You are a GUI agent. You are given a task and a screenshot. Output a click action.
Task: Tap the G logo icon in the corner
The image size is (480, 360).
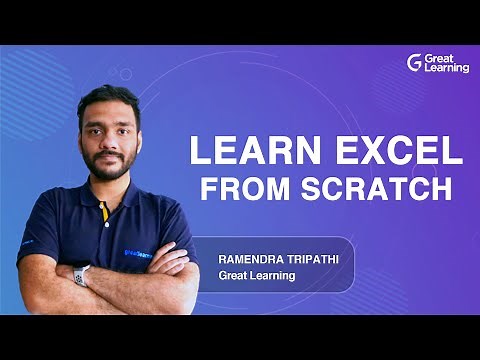click(x=415, y=62)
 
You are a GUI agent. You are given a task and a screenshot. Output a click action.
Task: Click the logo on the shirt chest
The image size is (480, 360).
click(x=140, y=226)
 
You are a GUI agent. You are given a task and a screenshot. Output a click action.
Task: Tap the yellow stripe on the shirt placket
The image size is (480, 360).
click(x=102, y=213)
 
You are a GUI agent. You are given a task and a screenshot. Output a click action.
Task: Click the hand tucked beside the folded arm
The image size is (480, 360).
click(x=165, y=262)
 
